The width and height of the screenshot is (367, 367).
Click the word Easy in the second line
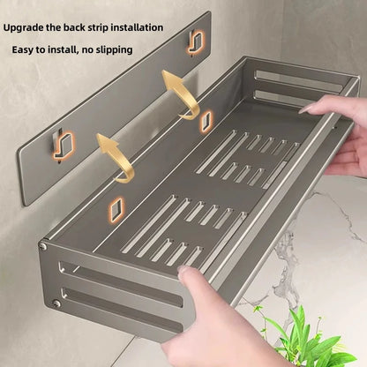[24, 49]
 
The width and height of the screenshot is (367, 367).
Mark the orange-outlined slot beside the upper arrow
[205, 118]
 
